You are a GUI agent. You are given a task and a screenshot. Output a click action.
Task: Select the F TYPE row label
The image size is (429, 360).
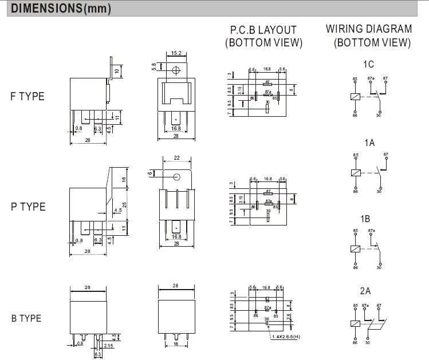click(x=26, y=96)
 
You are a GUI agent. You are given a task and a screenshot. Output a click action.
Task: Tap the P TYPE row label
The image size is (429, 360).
click(x=27, y=207)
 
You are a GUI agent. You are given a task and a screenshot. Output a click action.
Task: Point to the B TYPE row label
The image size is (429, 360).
click(x=26, y=318)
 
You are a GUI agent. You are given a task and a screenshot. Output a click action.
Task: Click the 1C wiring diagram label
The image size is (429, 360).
click(x=368, y=64)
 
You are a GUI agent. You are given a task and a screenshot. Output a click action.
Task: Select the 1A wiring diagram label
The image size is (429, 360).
click(x=368, y=143)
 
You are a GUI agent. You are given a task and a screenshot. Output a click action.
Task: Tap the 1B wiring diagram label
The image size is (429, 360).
click(x=368, y=219)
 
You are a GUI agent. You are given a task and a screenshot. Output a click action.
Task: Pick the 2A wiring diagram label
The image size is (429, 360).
click(x=368, y=290)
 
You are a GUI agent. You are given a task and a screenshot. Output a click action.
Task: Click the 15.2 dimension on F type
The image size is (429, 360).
click(x=176, y=53)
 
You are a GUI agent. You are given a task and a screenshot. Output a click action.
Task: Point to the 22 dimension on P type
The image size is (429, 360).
click(x=177, y=158)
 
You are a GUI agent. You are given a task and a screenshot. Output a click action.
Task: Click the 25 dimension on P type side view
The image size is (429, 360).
click(x=125, y=205)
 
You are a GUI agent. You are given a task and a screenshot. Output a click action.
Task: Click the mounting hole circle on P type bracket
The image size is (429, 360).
click(x=177, y=177)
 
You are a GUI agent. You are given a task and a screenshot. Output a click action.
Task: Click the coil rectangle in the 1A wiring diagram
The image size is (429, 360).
click(x=356, y=172)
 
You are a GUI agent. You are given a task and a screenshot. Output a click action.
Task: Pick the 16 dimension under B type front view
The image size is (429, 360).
click(x=176, y=345)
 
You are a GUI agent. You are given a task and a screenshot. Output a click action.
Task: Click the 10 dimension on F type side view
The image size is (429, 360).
click(x=117, y=70)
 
